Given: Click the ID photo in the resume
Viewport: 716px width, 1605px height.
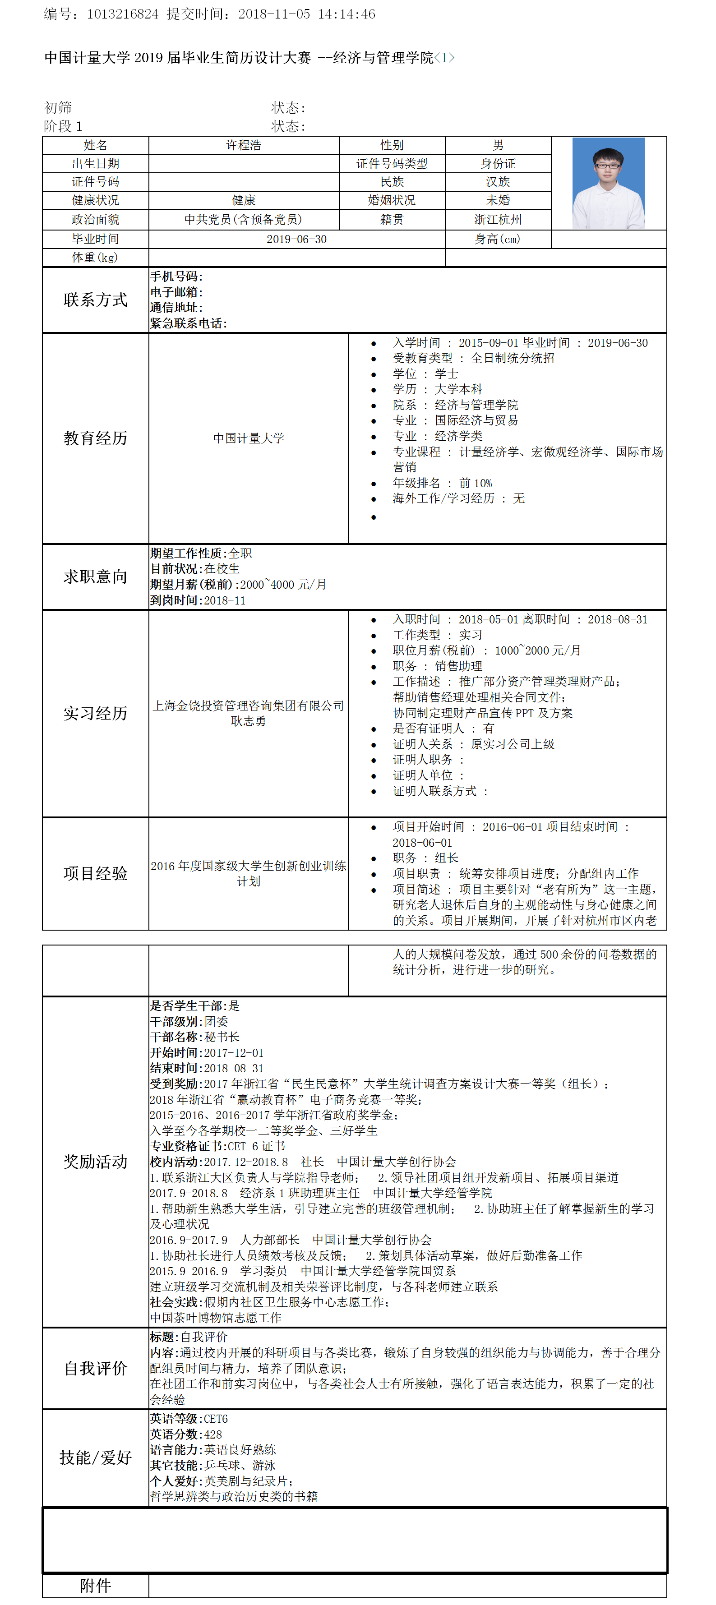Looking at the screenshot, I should coord(608,183).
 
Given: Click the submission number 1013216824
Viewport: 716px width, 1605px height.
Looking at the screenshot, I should coord(122,14).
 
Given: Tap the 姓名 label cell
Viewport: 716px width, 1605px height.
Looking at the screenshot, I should coord(95,145).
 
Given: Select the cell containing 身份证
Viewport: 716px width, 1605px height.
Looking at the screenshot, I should coord(498,164).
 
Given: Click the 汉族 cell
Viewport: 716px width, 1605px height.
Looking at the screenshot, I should coord(498,182).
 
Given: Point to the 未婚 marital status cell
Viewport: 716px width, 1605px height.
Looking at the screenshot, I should coord(498,200).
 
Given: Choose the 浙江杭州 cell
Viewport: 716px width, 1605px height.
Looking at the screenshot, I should coord(498,219).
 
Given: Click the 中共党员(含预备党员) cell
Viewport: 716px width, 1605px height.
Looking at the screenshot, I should coord(244,219).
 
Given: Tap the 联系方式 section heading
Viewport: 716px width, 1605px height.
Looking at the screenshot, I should coord(95,300).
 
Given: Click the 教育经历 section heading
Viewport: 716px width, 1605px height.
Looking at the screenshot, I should coord(95,438).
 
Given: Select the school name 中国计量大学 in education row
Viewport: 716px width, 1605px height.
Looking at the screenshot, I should coord(249,438).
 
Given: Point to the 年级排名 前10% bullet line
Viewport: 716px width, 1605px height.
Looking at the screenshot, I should coord(443,483).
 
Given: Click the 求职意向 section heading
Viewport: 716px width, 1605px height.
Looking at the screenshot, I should coord(95,577).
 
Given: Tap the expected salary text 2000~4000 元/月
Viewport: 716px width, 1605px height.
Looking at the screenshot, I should coord(283,585).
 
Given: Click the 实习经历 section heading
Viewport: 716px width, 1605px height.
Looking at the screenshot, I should coord(95,713).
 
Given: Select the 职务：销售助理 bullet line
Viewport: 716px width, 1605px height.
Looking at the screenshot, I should coord(438,666).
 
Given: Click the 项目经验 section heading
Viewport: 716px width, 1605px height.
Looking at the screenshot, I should coord(95,873).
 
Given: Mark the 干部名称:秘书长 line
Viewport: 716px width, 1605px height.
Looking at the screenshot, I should coord(194,1037).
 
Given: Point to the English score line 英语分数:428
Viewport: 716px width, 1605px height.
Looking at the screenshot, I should coord(186,1434).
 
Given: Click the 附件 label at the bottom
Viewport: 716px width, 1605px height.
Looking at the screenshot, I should coord(95,1586).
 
